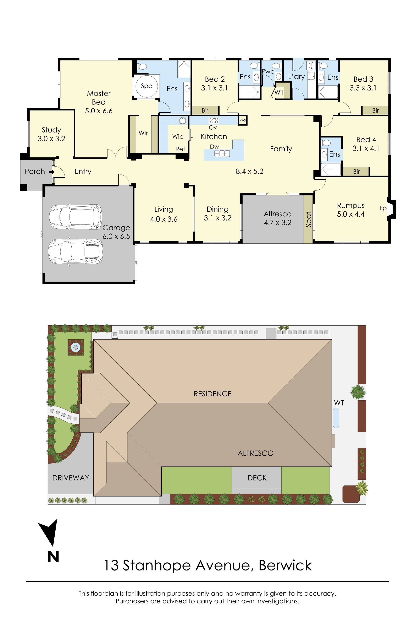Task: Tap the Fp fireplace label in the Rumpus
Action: [383, 208]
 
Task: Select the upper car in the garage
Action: [76, 217]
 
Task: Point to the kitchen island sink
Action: [222, 153]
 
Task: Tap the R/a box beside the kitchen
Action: [242, 120]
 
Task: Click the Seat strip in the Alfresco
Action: [308, 219]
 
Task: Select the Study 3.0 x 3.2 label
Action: [51, 134]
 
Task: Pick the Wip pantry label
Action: [178, 137]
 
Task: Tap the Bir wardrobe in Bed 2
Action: [205, 110]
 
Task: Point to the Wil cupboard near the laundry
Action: [279, 92]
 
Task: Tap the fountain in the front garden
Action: [76, 347]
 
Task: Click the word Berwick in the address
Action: [285, 565]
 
